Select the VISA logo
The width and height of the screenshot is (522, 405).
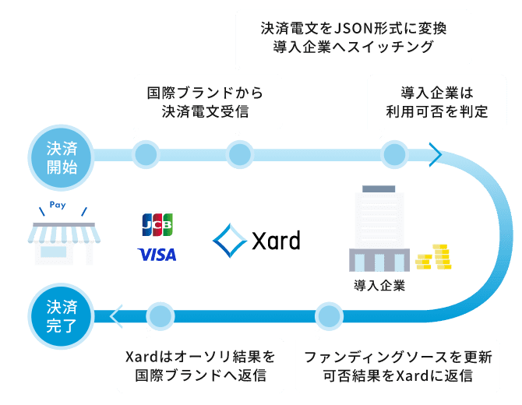pos(157,255)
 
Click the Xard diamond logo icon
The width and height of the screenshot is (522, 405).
pos(230,241)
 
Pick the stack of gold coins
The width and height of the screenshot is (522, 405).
pos(434,257)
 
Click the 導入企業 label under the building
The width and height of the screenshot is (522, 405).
pos(378,285)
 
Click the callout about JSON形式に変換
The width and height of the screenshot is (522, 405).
pos(354,37)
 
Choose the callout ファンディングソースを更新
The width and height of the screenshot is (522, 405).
pos(397,367)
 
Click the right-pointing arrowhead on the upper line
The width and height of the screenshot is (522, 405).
pos(434,154)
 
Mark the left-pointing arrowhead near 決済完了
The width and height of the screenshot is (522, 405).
pos(117,316)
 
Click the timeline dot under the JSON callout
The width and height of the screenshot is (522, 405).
pos(239,154)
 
